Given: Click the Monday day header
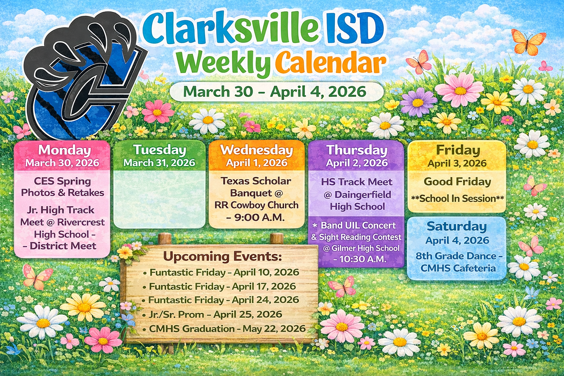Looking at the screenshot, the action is pos(65,150).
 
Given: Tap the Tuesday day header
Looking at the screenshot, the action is pos(160,150).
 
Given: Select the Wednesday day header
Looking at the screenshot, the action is pos(257,150).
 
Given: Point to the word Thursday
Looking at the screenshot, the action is pos(357,150).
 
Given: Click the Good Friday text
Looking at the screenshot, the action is pos(457,182).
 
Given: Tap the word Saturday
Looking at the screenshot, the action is pos(456,227).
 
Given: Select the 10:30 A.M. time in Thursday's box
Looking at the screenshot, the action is pos(363,259).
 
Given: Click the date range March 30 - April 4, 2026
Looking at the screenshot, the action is pos(274,91).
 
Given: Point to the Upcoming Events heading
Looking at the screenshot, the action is pos(222,256).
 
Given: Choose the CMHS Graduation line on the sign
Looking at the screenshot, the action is pos(224,329).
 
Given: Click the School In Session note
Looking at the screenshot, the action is pos(458,198).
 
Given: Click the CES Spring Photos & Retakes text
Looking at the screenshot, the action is pos(62,187).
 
